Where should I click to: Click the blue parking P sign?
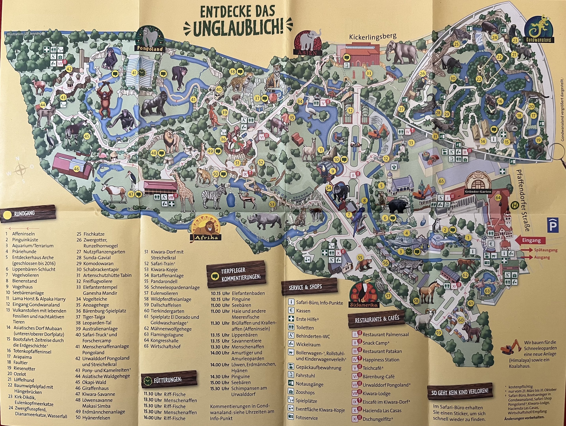coord(553,225)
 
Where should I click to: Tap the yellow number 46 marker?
coord(76,169)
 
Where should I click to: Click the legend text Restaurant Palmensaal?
coord(385,335)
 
